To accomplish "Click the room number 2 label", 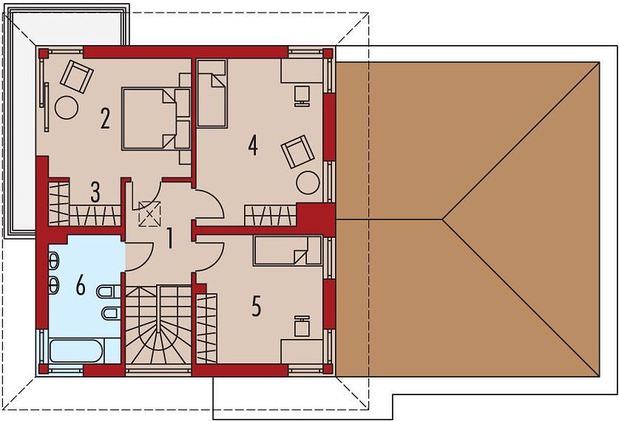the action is point(104,118).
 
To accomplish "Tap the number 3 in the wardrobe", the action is point(95,192).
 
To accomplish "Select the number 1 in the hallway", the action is point(170,238).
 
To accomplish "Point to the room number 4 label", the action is point(253,145).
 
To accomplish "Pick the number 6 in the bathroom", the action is point(81,285).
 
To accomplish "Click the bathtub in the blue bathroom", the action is point(76,351).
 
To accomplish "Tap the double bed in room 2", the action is point(149,118).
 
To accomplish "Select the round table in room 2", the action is point(67,107).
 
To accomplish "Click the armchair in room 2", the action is point(77,77).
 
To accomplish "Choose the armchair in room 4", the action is point(297,151).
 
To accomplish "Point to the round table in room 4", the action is point(308,182).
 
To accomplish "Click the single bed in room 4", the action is point(212,93).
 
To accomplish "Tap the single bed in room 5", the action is point(288,250).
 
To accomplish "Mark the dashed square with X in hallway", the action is point(149,213).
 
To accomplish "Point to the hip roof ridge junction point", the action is point(442,219).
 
